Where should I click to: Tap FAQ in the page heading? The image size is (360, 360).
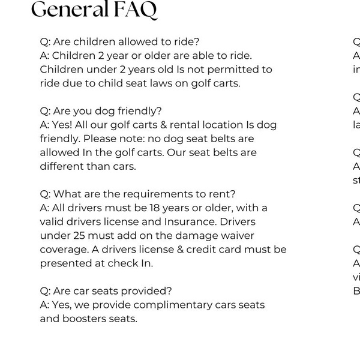pyautogui.click(x=137, y=10)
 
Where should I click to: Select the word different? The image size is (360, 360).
pyautogui.click(x=63, y=166)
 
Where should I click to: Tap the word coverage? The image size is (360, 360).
pyautogui.click(x=65, y=249)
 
